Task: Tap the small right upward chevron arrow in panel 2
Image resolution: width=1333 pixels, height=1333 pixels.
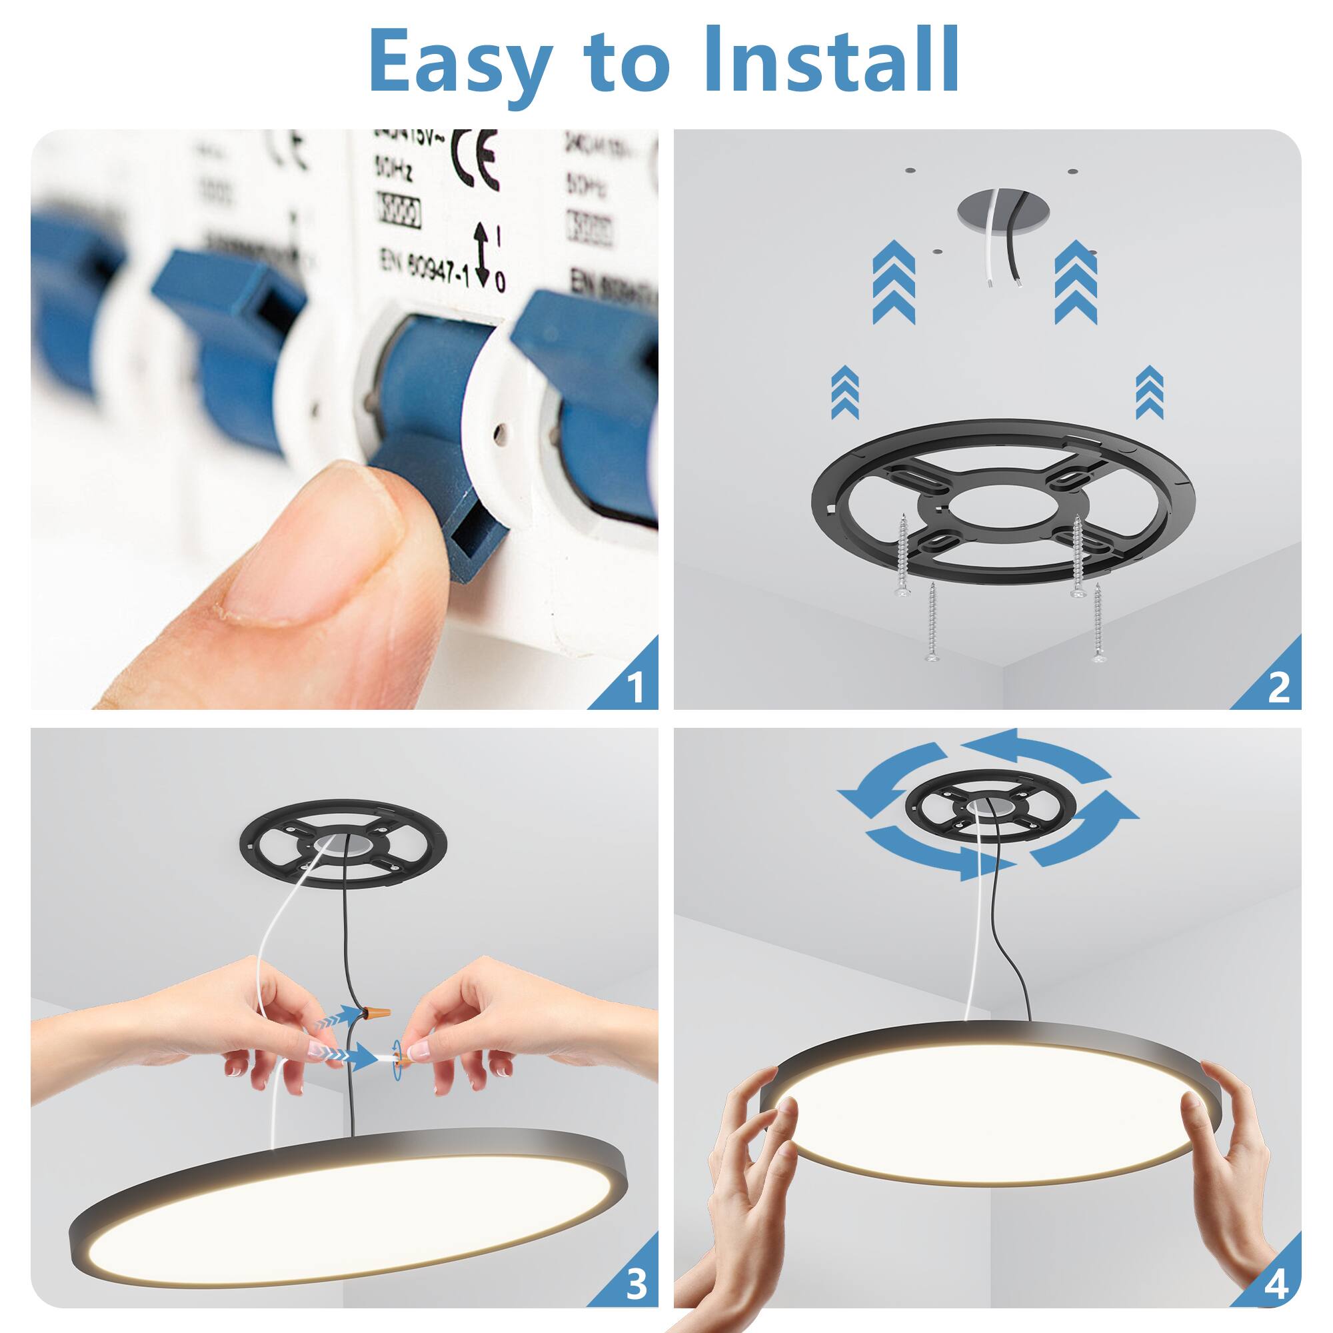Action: [x=1149, y=393]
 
